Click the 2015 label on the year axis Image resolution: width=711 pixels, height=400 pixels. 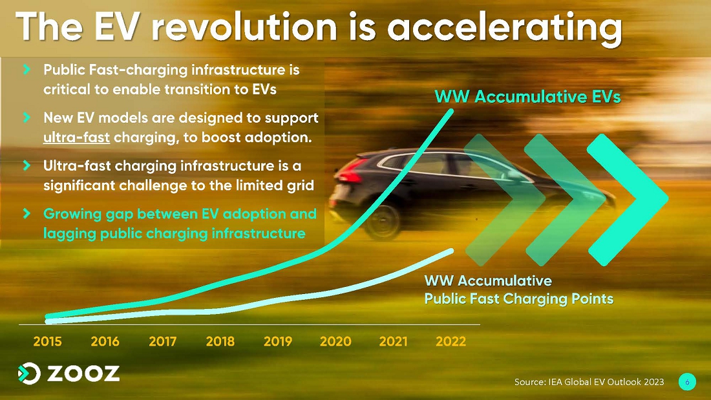pyautogui.click(x=47, y=341)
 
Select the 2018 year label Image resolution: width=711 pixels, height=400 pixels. pyautogui.click(x=220, y=341)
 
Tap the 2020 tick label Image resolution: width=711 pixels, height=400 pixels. pyautogui.click(x=335, y=341)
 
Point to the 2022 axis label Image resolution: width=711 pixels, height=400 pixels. pyautogui.click(x=451, y=341)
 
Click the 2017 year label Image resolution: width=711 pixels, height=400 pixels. pyautogui.click(x=162, y=341)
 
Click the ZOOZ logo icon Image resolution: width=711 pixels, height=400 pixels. pyautogui.click(x=29, y=374)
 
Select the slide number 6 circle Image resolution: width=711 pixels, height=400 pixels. pyautogui.click(x=687, y=382)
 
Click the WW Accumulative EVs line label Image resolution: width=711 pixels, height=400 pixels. pyautogui.click(x=527, y=96)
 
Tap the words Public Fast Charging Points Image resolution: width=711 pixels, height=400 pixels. pyautogui.click(x=519, y=299)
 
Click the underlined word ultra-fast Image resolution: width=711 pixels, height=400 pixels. pyautogui.click(x=76, y=137)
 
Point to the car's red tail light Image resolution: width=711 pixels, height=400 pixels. pyautogui.click(x=351, y=174)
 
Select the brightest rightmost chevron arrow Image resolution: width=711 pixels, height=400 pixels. pyautogui.click(x=628, y=200)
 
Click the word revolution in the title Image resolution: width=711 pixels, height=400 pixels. pyautogui.click(x=244, y=26)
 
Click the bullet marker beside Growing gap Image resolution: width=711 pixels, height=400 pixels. pyautogui.click(x=27, y=213)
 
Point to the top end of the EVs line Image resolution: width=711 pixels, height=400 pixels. pyautogui.click(x=451, y=111)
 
